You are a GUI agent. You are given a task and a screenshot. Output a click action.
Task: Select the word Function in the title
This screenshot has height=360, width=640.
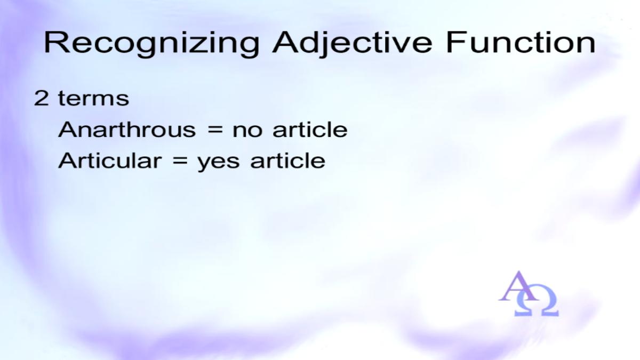521,43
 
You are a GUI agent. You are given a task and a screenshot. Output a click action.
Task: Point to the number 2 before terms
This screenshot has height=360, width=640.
41,98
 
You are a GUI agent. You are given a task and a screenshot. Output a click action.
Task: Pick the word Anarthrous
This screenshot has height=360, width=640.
127,130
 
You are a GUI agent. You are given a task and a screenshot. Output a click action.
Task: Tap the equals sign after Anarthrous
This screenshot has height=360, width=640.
214,131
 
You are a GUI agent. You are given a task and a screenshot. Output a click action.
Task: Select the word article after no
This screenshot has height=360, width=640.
310,130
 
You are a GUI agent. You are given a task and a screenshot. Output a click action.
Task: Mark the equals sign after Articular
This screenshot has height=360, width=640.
180,162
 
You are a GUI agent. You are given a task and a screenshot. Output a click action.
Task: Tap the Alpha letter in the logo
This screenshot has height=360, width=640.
519,286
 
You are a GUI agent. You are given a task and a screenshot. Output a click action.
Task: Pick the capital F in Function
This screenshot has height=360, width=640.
455,42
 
